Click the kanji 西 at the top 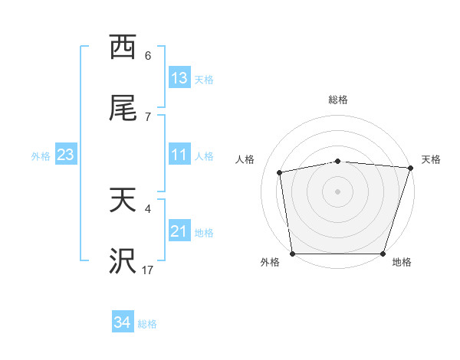point(123,47)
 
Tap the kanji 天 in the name point(123,201)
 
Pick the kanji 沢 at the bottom point(123,262)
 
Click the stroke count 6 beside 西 point(148,55)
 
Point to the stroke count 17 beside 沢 point(148,270)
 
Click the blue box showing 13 point(179,78)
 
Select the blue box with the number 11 point(179,155)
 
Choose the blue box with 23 point(66,155)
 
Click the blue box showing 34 point(123,322)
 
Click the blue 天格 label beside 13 point(204,80)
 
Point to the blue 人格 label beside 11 point(204,156)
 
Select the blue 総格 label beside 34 point(147,324)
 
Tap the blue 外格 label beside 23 point(41,156)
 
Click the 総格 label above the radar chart point(338,100)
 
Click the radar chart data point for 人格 point(281,172)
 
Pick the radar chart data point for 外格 point(293,254)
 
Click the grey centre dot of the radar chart point(338,191)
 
